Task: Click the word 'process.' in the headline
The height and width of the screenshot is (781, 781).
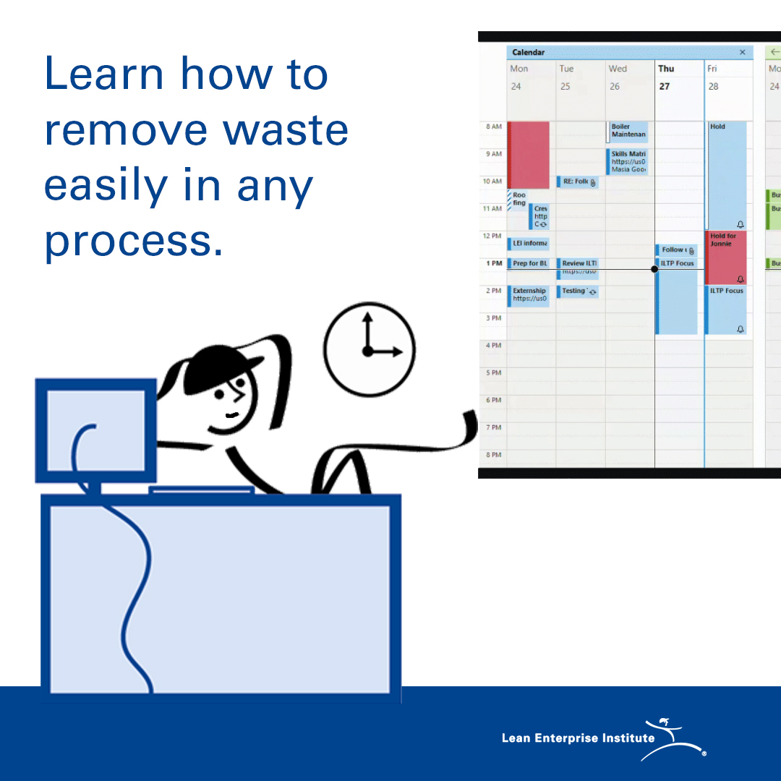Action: coord(134,240)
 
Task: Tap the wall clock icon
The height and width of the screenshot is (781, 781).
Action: coord(370,349)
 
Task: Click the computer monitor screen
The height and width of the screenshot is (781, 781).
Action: coord(95,430)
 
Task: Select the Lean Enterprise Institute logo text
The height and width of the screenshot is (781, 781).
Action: coord(578,738)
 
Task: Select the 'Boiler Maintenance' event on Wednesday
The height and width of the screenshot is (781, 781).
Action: coord(628,131)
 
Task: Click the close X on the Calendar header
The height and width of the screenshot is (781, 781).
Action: coord(742,53)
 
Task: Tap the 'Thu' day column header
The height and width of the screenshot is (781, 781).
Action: coord(666,69)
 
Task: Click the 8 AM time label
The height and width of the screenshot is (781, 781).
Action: coord(493,127)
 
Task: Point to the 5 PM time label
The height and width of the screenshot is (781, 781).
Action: coord(493,373)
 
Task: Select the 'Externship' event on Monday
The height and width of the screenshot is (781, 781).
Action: coord(529,295)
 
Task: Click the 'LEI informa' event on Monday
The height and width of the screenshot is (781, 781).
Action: coord(529,244)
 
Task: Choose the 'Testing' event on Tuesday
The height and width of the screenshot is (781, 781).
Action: coord(577,291)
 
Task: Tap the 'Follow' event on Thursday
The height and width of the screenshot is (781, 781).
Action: coord(675,250)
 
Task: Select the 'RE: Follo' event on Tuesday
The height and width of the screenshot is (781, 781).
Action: coord(577,182)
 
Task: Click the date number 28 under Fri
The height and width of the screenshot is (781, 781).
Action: coord(714,86)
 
